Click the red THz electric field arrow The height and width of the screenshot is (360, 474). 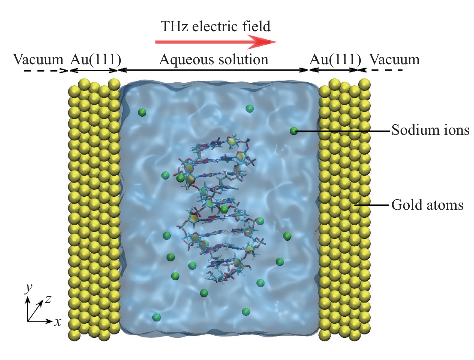tap(216, 42)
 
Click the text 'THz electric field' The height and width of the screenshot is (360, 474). tap(216, 26)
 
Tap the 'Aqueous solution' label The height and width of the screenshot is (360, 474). tap(213, 59)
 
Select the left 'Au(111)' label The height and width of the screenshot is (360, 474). tap(95, 59)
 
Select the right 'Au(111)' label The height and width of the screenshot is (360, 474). tap(335, 59)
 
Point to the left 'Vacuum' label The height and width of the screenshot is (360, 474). tap(38, 59)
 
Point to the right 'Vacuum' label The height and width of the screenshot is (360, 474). tap(394, 59)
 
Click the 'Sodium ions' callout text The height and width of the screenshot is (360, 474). tap(430, 130)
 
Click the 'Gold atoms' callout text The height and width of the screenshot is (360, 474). tap(427, 205)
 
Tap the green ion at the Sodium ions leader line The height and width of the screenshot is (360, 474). tap(294, 131)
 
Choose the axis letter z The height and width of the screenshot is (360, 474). tap(48, 299)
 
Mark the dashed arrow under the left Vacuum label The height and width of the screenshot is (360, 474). tap(47, 70)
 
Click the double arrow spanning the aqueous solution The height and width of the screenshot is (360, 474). tap(213, 70)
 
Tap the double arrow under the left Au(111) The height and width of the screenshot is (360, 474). tap(94, 70)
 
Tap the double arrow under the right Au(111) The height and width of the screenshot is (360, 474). tap(334, 70)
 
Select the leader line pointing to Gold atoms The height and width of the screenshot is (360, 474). tap(372, 205)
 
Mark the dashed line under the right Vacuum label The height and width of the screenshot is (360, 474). tap(381, 70)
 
